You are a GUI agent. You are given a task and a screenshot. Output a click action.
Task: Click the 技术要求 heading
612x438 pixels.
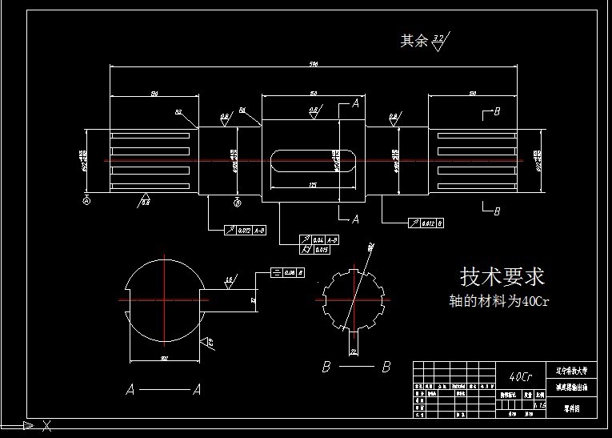502,277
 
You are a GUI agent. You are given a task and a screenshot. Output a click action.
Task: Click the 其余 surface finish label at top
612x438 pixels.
414,41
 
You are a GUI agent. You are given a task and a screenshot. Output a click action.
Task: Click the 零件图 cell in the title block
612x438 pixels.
572,408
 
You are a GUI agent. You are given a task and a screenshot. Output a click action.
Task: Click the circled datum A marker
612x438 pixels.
86,201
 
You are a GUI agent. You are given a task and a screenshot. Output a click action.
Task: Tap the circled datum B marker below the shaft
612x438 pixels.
236,201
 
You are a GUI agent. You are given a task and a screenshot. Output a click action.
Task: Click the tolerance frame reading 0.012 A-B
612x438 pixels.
246,231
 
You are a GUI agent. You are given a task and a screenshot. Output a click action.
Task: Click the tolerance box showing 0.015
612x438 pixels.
317,250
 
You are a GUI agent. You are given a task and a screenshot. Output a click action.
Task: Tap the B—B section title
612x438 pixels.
355,367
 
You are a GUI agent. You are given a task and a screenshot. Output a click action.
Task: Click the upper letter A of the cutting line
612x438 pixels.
355,104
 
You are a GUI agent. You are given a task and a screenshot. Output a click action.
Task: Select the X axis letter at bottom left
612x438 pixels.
46,425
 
